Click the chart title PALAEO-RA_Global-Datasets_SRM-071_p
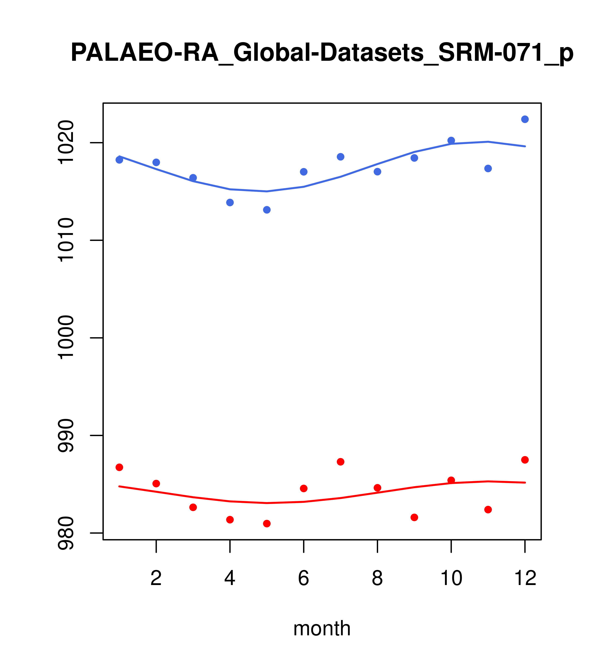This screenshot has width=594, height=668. tap(322, 53)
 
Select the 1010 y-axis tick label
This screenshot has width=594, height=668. tap(65, 240)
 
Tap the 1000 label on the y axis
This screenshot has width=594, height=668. tap(65, 338)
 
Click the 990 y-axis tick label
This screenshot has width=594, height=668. tap(65, 436)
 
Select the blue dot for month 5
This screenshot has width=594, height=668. tap(267, 210)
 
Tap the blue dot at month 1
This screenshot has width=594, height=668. tap(119, 160)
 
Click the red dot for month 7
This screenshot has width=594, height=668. tap(340, 462)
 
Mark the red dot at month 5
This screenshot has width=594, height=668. tap(267, 524)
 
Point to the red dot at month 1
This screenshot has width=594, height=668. tap(119, 467)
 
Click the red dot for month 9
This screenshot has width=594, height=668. tap(414, 517)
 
